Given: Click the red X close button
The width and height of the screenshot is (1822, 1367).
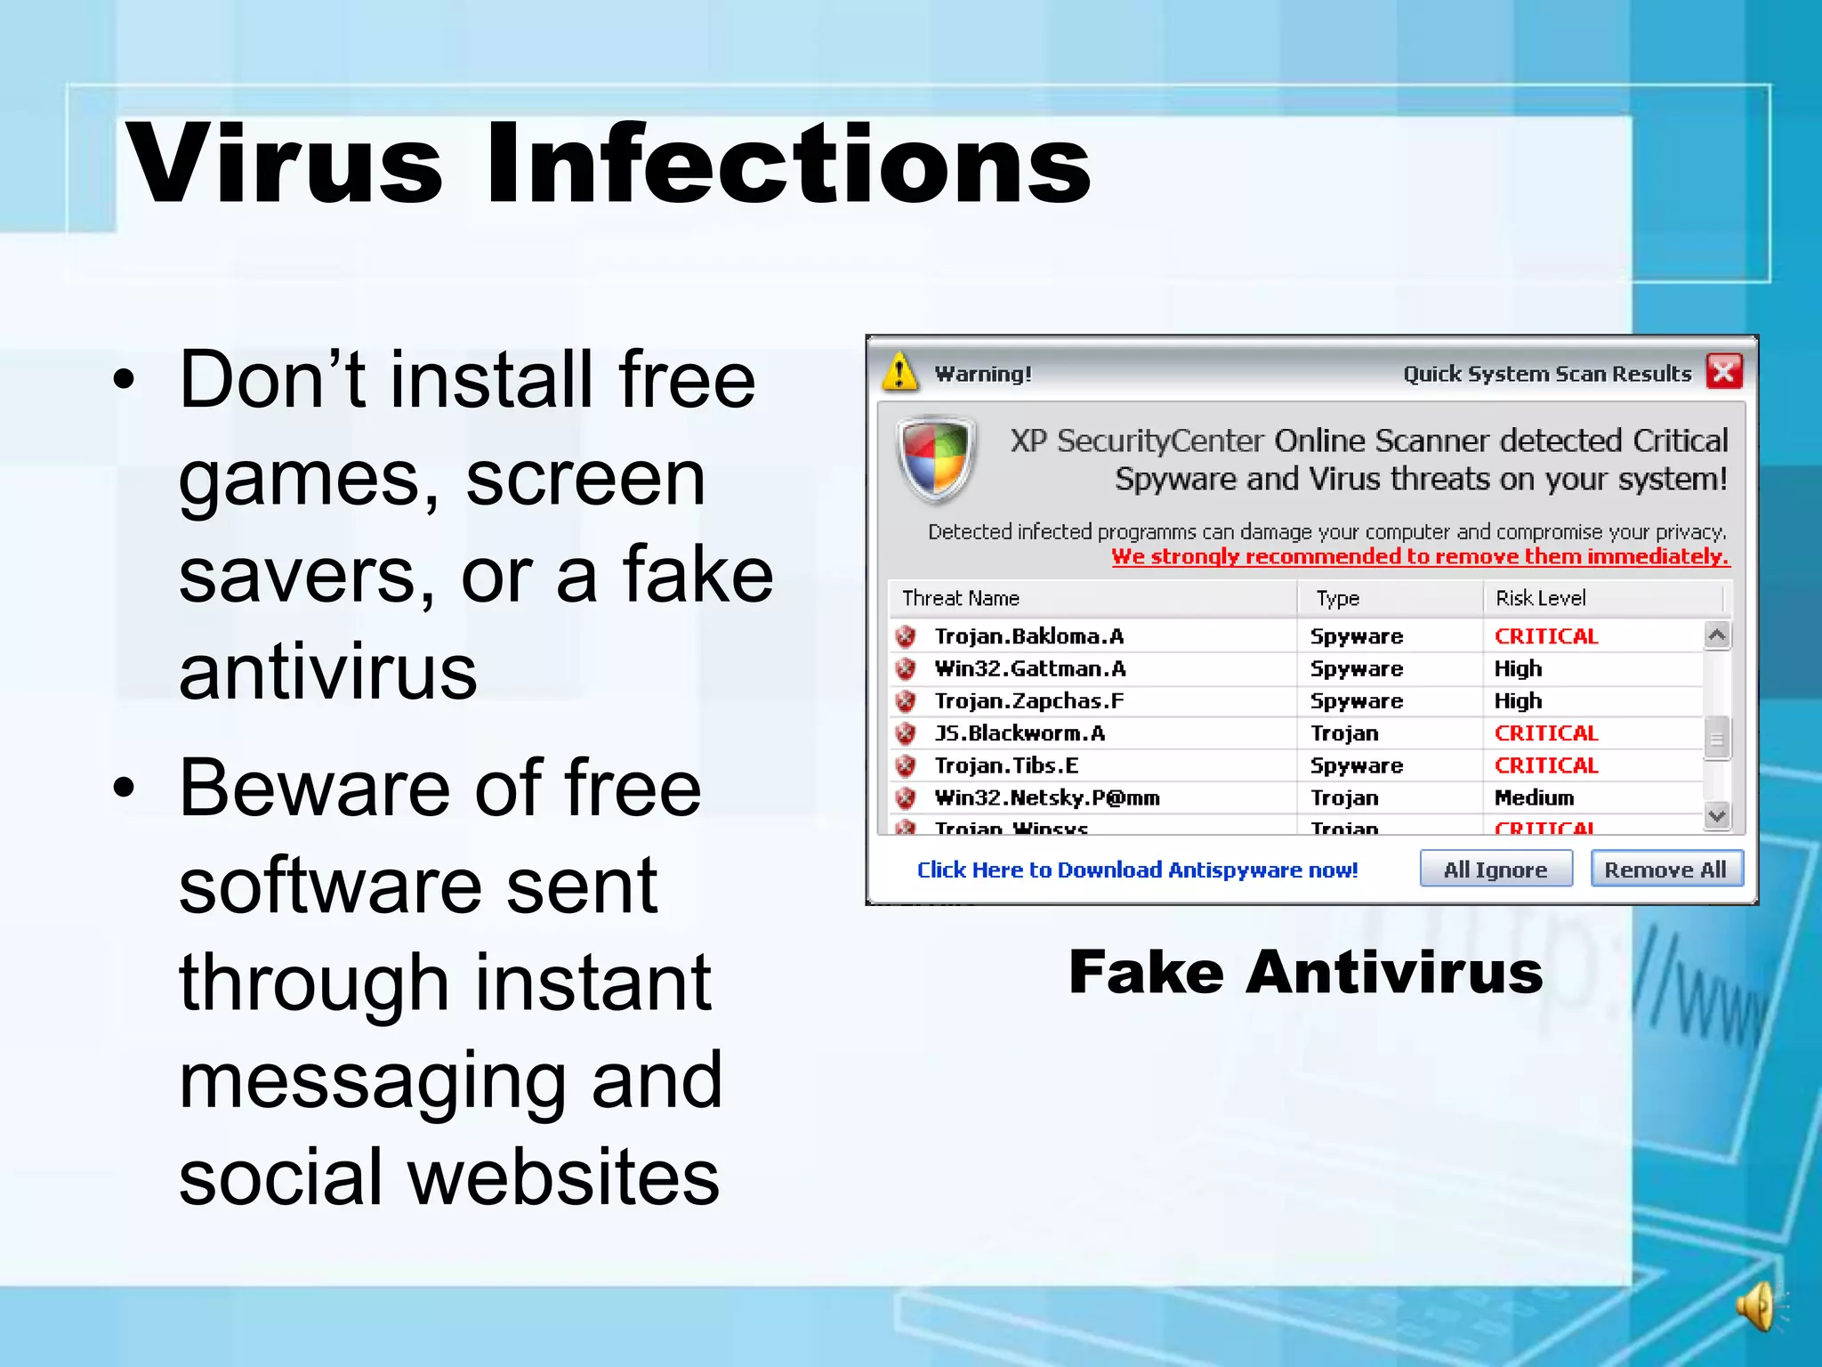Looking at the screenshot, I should (1723, 371).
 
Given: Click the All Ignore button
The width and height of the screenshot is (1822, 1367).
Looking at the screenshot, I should (1495, 869).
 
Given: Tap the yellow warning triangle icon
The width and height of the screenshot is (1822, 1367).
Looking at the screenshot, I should (899, 371).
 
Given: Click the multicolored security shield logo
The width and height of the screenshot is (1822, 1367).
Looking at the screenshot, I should (935, 460).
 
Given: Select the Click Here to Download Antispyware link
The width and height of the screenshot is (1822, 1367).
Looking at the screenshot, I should (1137, 870).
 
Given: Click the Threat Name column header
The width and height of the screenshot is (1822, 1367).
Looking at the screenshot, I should (961, 598).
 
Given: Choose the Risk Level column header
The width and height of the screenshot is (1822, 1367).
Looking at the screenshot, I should (1541, 598).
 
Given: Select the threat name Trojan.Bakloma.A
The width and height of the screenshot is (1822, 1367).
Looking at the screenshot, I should (1029, 636).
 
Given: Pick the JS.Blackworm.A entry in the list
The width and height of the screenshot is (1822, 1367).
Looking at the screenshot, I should (1020, 733).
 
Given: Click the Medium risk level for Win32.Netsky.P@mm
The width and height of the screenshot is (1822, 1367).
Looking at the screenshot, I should (1535, 797).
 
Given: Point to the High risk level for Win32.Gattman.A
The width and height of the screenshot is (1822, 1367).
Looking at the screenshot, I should (1518, 668).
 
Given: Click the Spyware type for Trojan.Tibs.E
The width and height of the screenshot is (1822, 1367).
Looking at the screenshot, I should (1357, 765).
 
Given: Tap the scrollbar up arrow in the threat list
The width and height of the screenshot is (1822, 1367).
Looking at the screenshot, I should (1717, 635).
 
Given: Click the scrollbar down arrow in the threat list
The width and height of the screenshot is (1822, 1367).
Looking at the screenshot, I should (1717, 815).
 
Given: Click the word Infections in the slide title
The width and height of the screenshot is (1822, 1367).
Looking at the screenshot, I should (788, 165).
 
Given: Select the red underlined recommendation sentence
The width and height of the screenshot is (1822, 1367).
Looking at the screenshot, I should (1420, 557).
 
